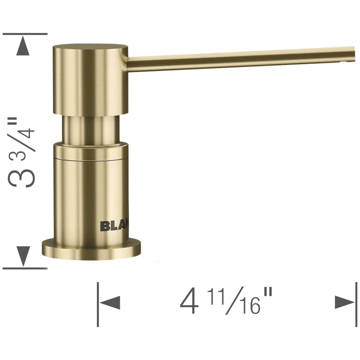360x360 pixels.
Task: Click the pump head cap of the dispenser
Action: tap(90, 79)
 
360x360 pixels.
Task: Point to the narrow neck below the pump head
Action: tap(91, 128)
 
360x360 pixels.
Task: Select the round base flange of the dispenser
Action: tap(92, 248)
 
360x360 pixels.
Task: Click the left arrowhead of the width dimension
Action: tap(110, 303)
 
